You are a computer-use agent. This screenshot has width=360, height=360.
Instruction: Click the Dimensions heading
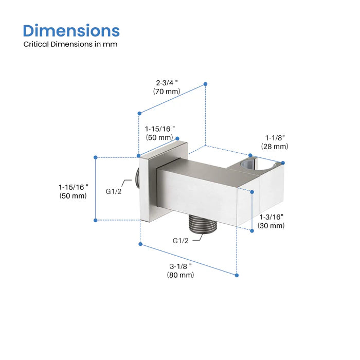(71, 30)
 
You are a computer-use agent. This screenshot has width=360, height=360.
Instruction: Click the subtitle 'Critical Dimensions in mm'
(70, 44)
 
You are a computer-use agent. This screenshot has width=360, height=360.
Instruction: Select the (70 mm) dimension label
(166, 91)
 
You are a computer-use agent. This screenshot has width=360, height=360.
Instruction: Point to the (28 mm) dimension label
(275, 147)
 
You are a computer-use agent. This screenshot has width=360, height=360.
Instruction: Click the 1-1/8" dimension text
(275, 137)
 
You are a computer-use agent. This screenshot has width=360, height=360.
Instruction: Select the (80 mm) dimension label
(180, 275)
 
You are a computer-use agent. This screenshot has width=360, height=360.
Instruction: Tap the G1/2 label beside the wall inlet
(114, 191)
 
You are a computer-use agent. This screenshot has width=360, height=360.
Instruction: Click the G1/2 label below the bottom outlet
(181, 240)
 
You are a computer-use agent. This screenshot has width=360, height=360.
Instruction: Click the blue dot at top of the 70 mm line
(205, 83)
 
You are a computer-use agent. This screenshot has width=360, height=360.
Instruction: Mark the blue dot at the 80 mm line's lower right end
(237, 275)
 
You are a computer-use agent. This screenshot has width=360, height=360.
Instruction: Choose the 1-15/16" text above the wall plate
(160, 128)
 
